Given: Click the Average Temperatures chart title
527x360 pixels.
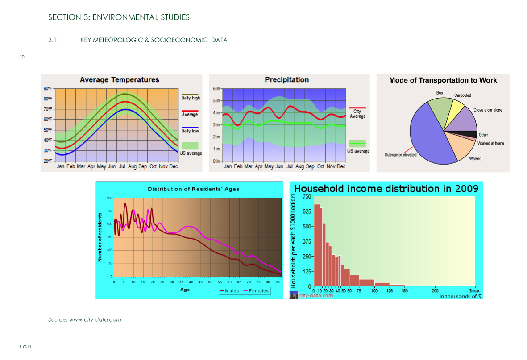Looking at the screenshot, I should tap(119, 80).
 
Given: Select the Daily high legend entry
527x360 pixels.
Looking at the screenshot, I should tap(191, 98).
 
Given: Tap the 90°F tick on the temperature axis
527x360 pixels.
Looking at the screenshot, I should tap(48, 88).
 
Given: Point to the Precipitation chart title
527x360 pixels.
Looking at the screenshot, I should tap(286, 80).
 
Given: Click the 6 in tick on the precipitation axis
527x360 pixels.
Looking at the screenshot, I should tap(216, 88).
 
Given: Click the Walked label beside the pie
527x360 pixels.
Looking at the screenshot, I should tap(475, 158).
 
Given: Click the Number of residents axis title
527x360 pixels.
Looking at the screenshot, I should tap(100, 237).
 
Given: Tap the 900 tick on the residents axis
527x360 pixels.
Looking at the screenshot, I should tap(110, 198).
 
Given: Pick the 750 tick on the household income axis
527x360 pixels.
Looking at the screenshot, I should tap(307, 196).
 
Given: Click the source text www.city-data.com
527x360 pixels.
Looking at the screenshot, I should tap(95, 319).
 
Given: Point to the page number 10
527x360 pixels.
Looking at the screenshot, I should tap(22, 57).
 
